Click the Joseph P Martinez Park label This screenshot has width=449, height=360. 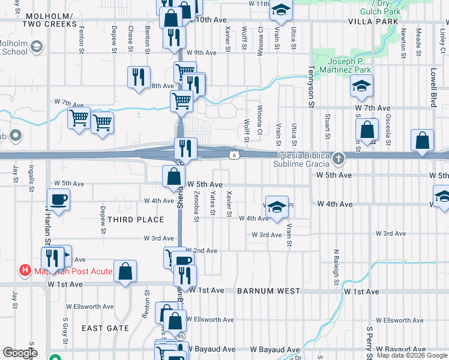[350, 65]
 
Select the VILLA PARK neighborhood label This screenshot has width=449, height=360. [378, 21]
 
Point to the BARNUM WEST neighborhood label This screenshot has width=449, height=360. [268, 291]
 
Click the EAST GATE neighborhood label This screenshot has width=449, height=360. [105, 328]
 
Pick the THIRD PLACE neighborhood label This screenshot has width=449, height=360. [136, 220]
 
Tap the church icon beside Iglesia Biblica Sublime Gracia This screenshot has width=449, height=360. [339, 158]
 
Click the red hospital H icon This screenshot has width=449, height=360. [25, 271]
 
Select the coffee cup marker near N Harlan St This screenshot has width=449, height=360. [59, 199]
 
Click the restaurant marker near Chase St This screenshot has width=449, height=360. [138, 77]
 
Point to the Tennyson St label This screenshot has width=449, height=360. [312, 88]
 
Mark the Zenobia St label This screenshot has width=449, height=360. [196, 206]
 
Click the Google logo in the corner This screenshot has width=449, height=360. [20, 353]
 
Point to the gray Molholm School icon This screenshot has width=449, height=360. [37, 47]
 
